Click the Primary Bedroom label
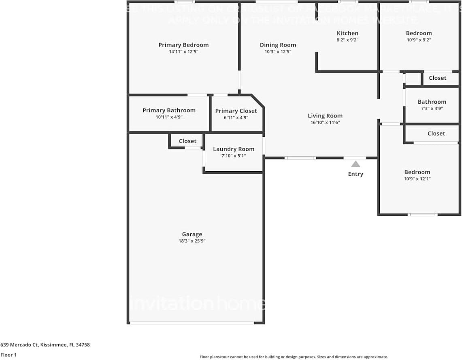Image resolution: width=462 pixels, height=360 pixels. [x=183, y=45]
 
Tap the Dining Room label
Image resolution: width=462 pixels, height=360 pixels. [x=278, y=45]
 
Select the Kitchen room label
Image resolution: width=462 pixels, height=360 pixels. [x=347, y=33]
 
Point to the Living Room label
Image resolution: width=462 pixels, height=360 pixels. [x=325, y=116]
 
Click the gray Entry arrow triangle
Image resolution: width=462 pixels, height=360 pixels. [x=356, y=164]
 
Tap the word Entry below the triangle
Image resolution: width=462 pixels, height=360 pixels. [x=356, y=174]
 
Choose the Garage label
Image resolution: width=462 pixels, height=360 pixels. [x=192, y=234]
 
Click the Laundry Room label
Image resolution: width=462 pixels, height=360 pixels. [x=234, y=149]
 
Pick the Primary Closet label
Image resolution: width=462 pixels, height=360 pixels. [x=236, y=111]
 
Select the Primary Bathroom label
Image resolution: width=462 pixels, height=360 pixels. [x=169, y=110]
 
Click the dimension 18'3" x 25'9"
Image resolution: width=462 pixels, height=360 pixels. [x=192, y=241]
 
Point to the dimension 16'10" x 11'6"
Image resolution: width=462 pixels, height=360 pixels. [x=325, y=122]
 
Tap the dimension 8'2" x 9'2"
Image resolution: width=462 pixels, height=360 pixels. [x=347, y=40]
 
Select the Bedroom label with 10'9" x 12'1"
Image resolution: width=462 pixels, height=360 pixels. [x=417, y=172]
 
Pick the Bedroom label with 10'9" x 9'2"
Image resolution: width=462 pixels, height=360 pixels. [x=419, y=33]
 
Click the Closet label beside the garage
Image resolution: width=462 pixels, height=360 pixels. [x=187, y=141]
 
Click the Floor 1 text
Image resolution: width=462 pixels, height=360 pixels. [x=9, y=355]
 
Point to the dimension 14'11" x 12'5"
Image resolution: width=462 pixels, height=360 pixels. [x=183, y=52]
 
